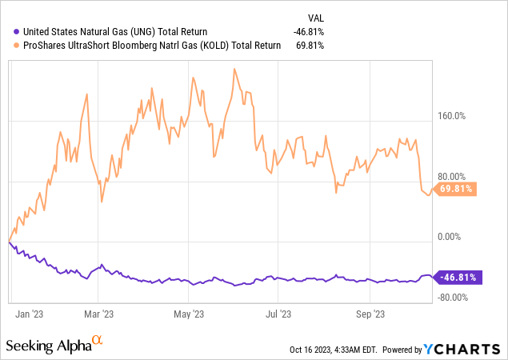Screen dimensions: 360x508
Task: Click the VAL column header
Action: pos(317,17)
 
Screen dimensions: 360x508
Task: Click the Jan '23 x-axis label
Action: pos(29,314)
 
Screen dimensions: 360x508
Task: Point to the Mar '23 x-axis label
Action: pos(98,314)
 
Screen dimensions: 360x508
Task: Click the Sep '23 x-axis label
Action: pos(370,314)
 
